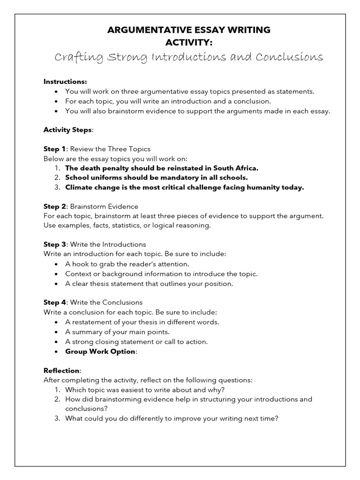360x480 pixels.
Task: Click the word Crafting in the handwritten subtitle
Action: point(75,57)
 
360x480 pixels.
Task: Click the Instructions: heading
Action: point(65,82)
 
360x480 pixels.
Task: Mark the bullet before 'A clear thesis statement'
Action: point(56,284)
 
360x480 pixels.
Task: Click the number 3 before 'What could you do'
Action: point(57,419)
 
